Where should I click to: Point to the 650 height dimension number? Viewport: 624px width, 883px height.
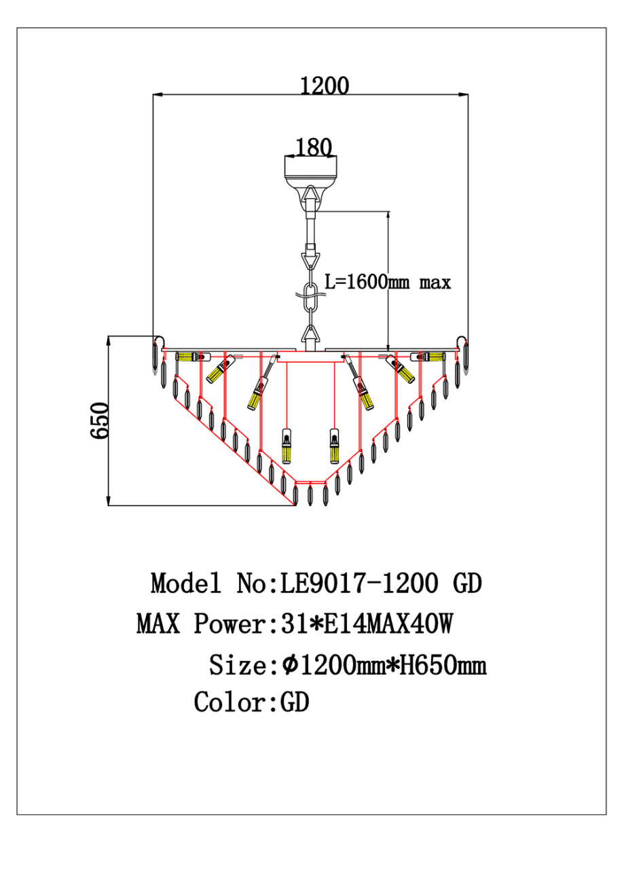pos(100,421)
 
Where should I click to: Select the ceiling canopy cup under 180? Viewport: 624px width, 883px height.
pos(310,170)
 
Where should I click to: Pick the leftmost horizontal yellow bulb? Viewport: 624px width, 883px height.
pos(188,356)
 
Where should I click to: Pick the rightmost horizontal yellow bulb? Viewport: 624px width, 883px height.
pos(433,356)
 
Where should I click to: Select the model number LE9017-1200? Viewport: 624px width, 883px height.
pos(359,583)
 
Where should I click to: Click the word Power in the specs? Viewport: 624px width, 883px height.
pos(229,623)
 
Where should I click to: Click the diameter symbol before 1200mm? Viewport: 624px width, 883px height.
pos(289,664)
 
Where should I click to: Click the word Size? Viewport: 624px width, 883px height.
pos(234,664)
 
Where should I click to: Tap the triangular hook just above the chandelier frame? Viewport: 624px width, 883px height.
pos(311,334)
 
